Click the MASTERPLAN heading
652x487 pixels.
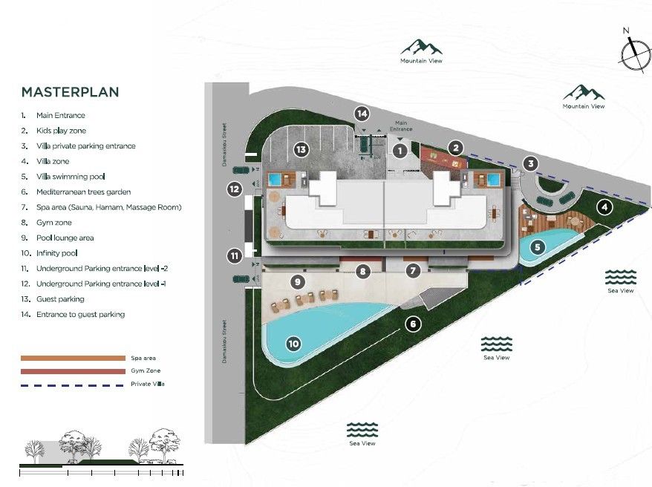pos(70,93)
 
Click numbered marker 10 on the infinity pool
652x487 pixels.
pos(293,343)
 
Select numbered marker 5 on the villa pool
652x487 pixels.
pos(535,246)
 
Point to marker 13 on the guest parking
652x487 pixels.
pos(301,149)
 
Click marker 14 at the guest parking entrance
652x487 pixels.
pos(362,114)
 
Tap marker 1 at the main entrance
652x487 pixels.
pos(400,151)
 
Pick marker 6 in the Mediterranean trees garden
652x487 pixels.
pos(414,324)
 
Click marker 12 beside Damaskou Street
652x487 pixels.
pos(235,189)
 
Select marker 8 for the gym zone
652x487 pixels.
pos(362,271)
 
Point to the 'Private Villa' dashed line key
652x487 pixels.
pos(73,385)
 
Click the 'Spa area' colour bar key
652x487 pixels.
pos(73,358)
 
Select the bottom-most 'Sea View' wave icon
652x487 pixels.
pos(362,430)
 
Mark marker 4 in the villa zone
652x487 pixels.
pos(605,207)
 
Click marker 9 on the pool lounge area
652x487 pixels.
pos(297,281)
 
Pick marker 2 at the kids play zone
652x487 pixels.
pos(456,147)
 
